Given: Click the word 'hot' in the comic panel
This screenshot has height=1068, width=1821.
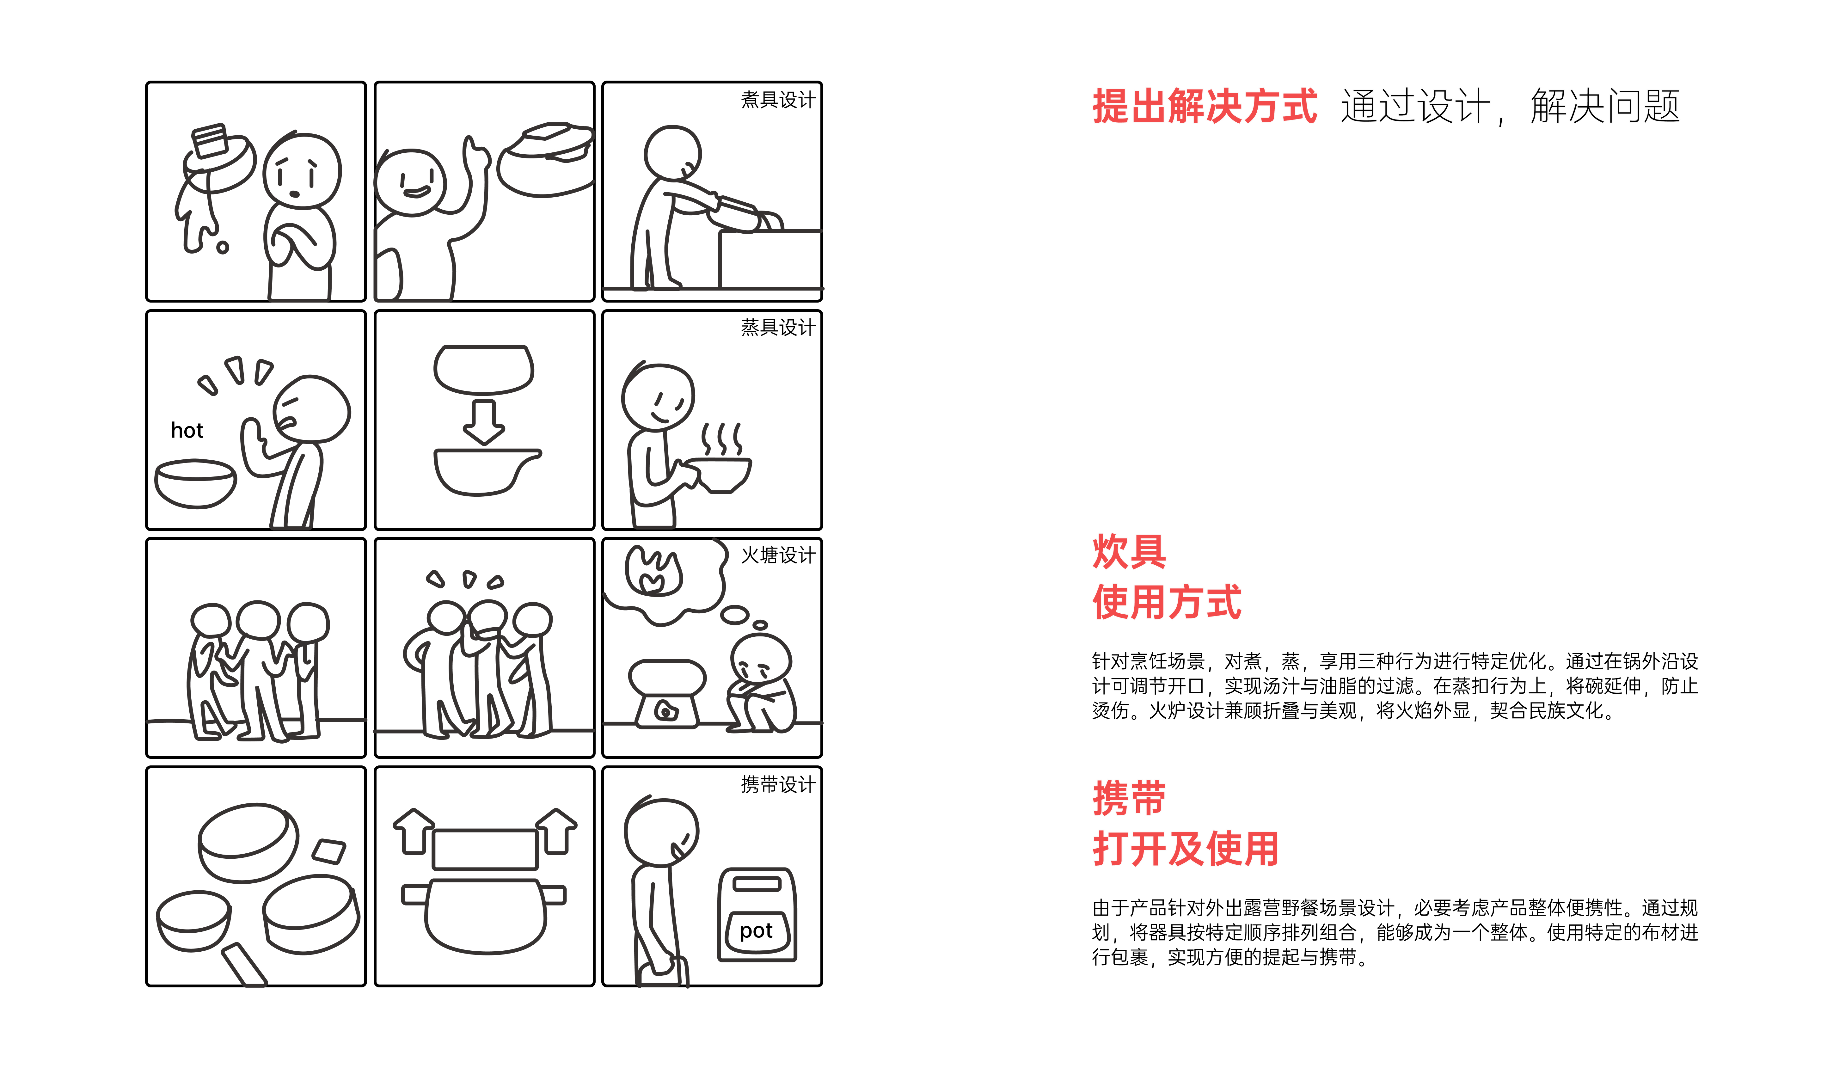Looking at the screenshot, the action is [x=187, y=431].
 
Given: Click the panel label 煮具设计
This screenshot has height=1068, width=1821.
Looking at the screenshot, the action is [x=777, y=100].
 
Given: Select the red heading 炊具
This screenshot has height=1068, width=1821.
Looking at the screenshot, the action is [x=1129, y=552].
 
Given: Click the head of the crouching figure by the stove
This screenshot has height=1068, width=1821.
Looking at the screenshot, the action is [x=761, y=660].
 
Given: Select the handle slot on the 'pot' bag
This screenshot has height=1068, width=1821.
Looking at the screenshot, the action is [x=757, y=884].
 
